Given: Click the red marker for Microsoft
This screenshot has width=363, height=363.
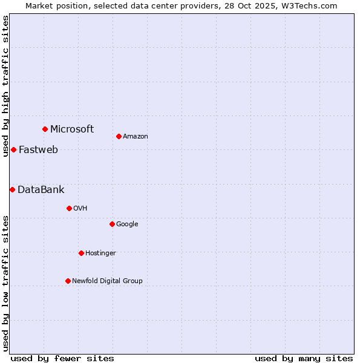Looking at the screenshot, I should (x=45, y=129).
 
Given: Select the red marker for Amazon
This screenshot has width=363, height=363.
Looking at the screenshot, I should (x=119, y=136).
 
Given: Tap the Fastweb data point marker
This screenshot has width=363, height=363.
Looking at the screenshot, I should (x=13, y=149).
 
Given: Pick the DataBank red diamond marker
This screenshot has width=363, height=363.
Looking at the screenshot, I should (x=12, y=189).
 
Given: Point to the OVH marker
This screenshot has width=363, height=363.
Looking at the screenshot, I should (x=69, y=208).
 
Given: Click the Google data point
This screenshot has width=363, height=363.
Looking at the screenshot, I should (x=112, y=224).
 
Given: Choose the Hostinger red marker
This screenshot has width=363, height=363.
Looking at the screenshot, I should (x=81, y=253).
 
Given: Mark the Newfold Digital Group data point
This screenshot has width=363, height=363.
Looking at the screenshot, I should (x=68, y=281).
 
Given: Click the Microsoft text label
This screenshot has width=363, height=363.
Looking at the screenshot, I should (x=72, y=129).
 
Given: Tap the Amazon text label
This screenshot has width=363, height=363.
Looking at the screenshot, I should (x=136, y=136).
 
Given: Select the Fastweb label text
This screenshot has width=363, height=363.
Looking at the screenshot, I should (x=38, y=149).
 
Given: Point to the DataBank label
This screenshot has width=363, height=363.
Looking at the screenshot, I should (x=41, y=189).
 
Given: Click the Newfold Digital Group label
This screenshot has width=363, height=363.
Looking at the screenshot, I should (x=107, y=281).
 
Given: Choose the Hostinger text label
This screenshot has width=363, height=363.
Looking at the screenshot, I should (x=100, y=253).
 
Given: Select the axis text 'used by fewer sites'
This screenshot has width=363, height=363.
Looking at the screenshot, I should (x=62, y=358).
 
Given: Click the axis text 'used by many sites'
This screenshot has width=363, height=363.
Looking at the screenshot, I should (x=304, y=358).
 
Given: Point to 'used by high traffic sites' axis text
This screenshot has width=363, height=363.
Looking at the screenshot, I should (x=5, y=86).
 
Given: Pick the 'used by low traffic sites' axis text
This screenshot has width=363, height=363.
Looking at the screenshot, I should (x=5, y=283).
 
